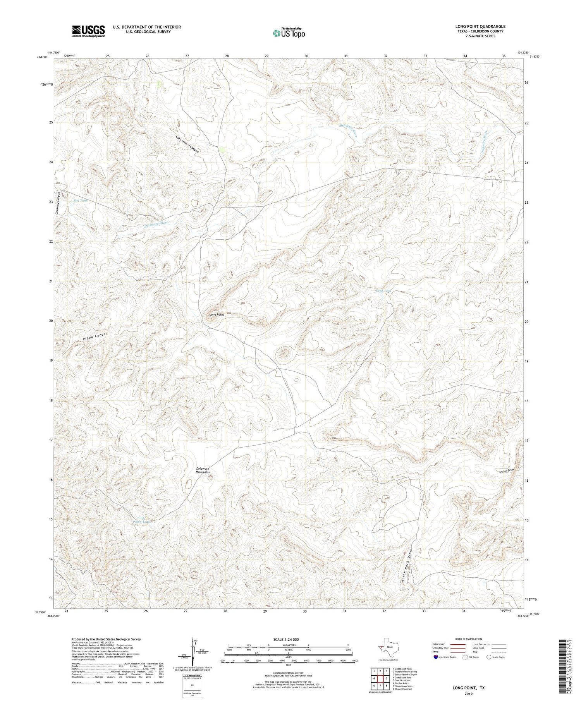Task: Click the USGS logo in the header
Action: point(88,31)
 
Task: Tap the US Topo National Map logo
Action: point(289,33)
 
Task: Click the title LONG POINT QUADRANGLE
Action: point(480,26)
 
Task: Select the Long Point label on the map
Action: point(217,314)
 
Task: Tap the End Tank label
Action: point(81,201)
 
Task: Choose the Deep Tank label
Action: point(383,290)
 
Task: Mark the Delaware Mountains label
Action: point(203,470)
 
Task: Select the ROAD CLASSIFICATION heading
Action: point(468,639)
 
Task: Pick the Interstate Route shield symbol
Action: point(436,657)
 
